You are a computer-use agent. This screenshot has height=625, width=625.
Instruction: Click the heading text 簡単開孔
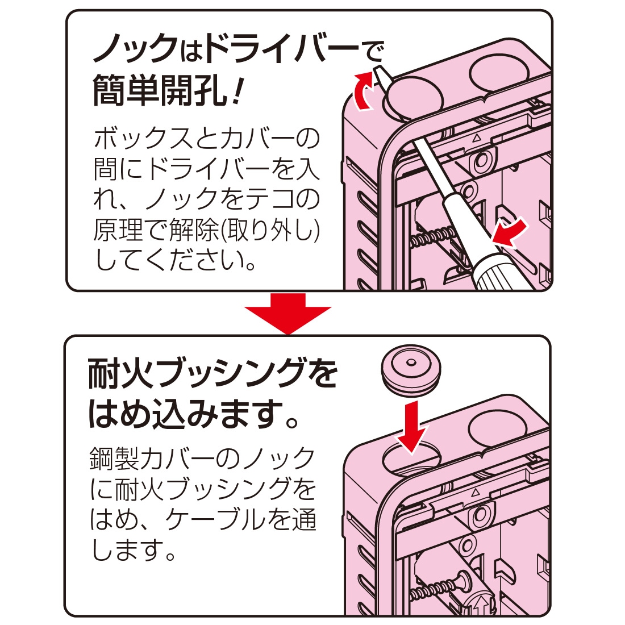point(159,91)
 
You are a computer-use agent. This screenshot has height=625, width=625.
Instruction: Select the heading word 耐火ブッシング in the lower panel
point(193,375)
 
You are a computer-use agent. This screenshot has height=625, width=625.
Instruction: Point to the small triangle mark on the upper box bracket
point(477,137)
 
